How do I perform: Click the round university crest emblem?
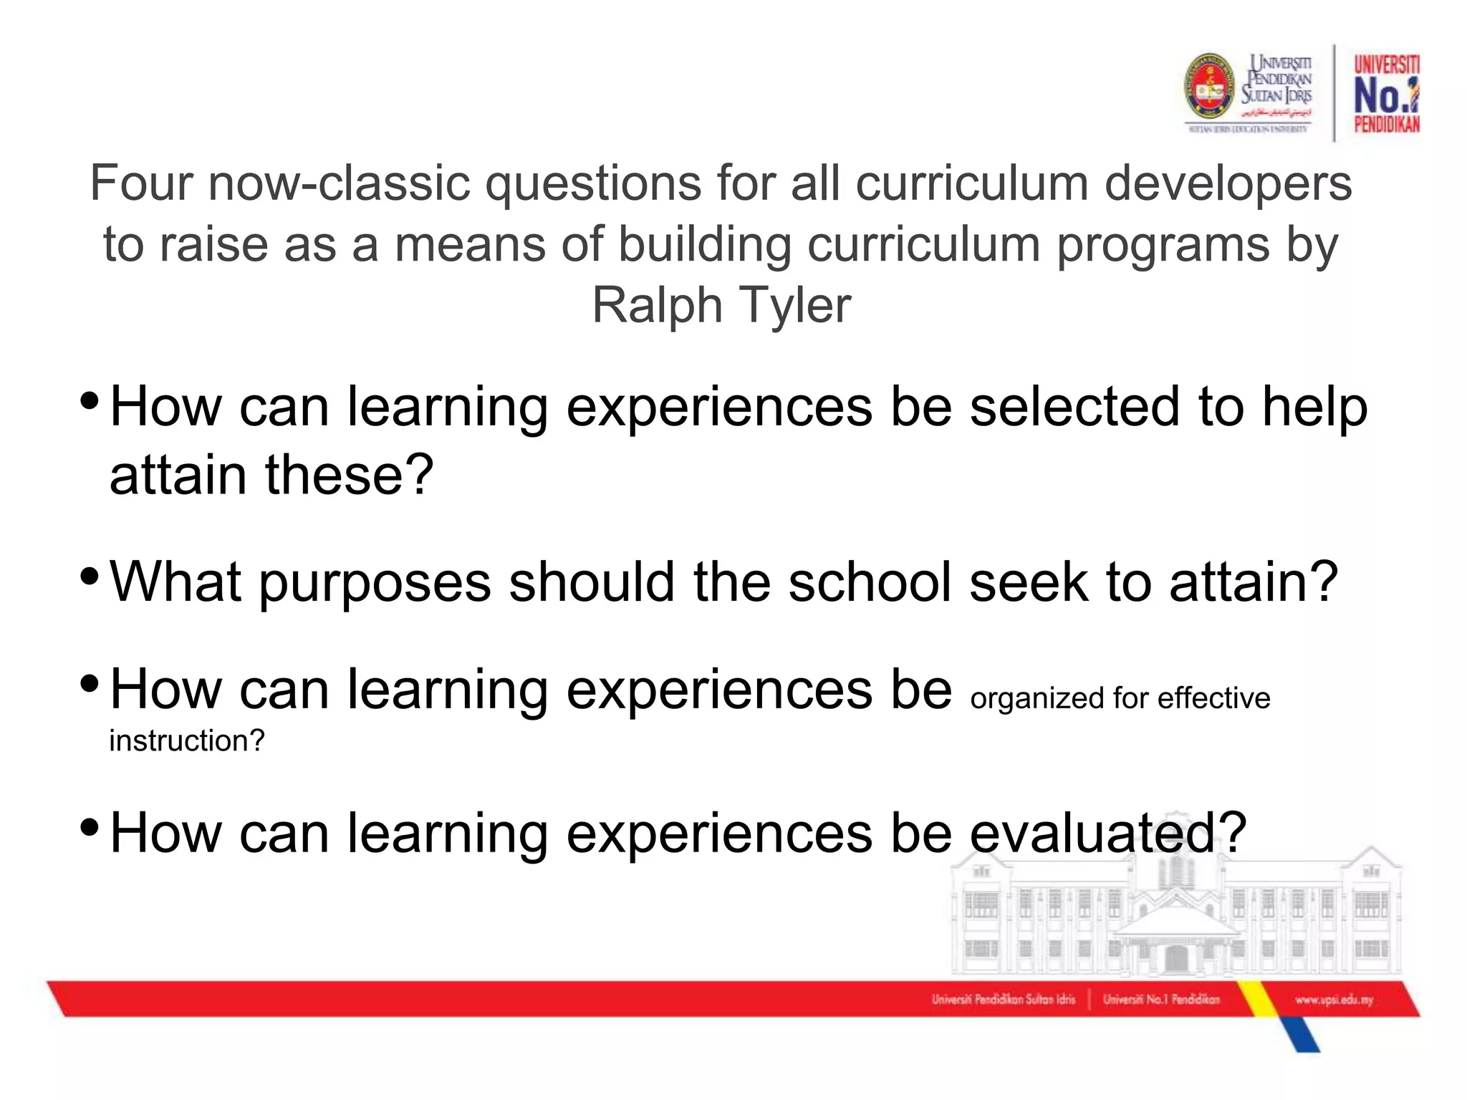(1210, 86)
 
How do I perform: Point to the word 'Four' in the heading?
(141, 183)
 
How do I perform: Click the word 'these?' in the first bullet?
(350, 475)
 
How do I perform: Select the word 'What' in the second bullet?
(175, 582)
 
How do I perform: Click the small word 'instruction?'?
(187, 741)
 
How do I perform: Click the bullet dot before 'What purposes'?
(90, 575)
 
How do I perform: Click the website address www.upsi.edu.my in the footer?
(1334, 1000)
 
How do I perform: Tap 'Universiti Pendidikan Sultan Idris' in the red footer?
(1003, 1000)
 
